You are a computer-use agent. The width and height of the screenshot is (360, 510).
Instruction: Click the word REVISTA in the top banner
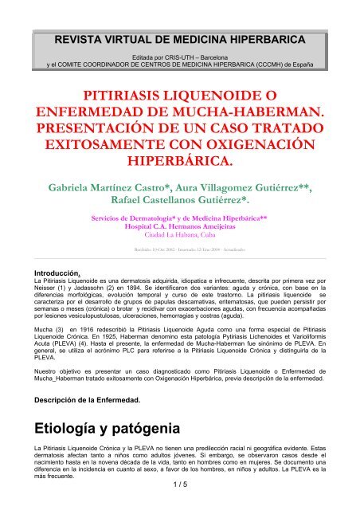pos(72,37)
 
